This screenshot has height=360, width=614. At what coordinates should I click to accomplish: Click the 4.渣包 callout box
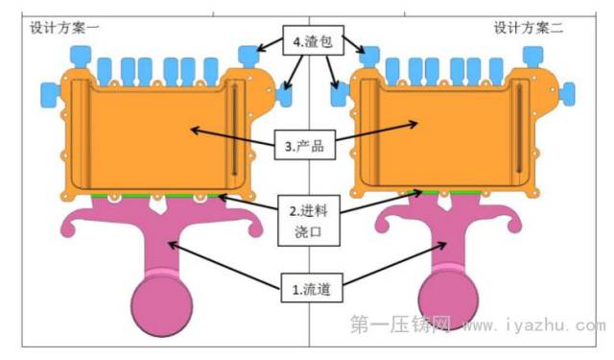pos(314,40)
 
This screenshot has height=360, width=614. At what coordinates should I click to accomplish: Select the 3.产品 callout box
pos(305,145)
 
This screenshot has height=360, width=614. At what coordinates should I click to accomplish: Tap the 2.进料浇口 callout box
pos(309,221)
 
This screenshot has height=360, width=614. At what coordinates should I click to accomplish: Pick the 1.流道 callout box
pos(312,288)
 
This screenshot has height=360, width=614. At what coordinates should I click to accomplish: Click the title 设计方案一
pos(64,28)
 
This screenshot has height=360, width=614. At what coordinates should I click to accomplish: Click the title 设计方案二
pos(529,28)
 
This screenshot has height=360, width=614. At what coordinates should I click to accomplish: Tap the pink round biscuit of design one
pos(162,306)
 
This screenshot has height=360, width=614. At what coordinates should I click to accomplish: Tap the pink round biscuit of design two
pos(448,300)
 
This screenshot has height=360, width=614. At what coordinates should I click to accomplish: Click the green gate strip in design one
pos(155,195)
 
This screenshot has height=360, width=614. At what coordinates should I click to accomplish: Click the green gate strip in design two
pos(451,192)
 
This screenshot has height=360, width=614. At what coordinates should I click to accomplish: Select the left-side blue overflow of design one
pos(51,95)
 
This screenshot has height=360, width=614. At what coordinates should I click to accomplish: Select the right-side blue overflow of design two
pos(567,94)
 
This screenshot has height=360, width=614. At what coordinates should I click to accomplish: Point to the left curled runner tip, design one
pos(68,229)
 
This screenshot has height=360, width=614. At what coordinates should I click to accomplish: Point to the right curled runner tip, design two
pos(516,226)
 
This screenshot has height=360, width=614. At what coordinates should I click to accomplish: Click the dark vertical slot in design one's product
pos(234,130)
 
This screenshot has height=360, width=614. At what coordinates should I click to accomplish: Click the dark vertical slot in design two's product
pos(519,128)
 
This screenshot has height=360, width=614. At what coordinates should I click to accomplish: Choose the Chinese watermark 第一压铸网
pos(400,324)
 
